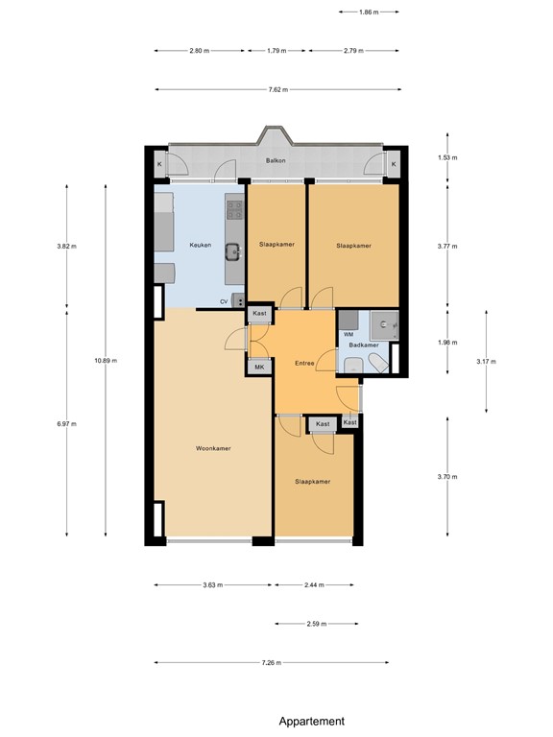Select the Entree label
click(304, 364)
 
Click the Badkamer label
click(363, 345)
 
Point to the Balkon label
click(276, 161)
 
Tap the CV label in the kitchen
click(224, 301)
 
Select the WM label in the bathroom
click(347, 333)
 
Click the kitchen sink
click(233, 253)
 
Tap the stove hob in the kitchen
click(234, 206)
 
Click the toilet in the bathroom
click(353, 364)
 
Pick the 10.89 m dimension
click(105, 361)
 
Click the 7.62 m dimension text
click(276, 90)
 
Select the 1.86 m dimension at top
click(369, 12)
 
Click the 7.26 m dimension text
click(271, 662)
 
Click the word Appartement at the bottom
click(311, 721)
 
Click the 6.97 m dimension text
click(66, 423)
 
